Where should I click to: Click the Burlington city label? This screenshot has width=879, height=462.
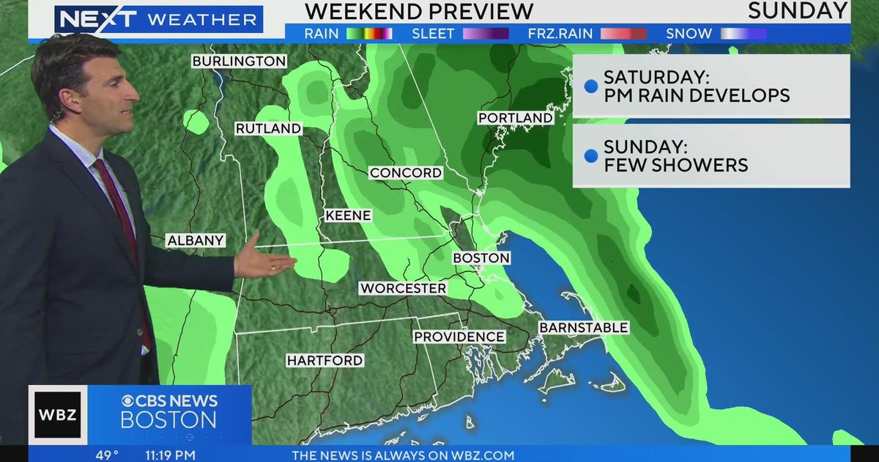click(x=239, y=62)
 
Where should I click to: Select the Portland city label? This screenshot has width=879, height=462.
click(x=515, y=118)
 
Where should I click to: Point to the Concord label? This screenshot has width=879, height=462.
click(x=406, y=173)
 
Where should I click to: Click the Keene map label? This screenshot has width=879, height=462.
click(x=349, y=216)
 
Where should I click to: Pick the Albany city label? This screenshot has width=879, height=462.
click(x=195, y=241)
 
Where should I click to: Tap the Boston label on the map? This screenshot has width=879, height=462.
click(x=481, y=258)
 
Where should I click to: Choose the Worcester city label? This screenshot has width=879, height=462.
click(x=403, y=288)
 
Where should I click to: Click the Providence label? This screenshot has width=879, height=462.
click(x=459, y=337)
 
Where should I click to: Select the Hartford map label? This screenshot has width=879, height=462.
click(x=324, y=360)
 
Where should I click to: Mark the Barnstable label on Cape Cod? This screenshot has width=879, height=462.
click(x=584, y=328)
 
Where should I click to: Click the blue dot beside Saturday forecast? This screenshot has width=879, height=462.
click(x=590, y=87)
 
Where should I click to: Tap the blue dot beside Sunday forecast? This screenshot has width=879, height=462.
click(x=590, y=155)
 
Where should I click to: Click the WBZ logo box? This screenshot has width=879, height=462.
click(x=59, y=415)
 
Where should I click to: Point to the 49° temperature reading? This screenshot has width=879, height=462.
click(x=106, y=455)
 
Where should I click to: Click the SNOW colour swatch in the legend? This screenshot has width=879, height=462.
click(x=743, y=34)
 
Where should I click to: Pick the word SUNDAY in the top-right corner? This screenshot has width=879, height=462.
click(x=798, y=11)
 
